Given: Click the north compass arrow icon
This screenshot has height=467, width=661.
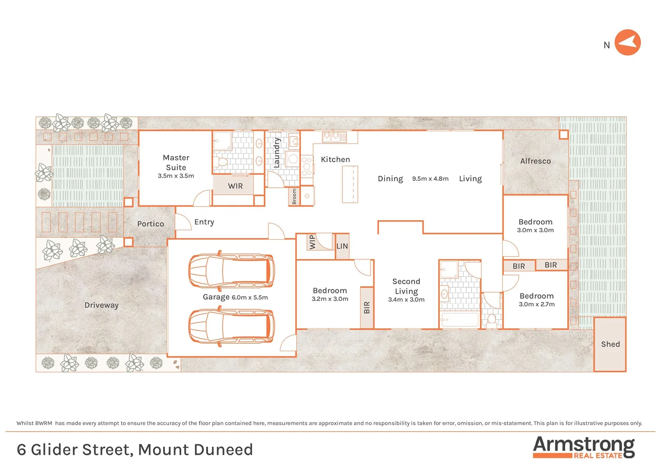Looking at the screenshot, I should tap(627, 42).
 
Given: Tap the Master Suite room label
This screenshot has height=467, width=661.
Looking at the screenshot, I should tap(176, 163).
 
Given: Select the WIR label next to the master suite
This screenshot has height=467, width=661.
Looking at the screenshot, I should tap(235, 186).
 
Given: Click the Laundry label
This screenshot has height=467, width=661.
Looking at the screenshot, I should tap(277, 153).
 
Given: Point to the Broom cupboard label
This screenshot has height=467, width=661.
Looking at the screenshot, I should tap(294, 196).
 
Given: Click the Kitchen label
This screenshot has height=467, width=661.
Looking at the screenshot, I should tap(335, 160).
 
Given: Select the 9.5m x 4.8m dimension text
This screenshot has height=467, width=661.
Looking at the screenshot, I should tap(430, 179).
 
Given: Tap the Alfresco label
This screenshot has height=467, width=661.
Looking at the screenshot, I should tap(535, 161).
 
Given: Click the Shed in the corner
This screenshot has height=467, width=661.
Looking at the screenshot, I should tap(610, 344).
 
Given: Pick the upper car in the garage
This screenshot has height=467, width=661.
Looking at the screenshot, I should tap(231, 271).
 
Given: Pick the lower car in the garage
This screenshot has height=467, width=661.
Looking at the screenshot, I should tap(231, 327).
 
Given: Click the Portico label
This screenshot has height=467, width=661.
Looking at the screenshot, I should tap(151, 224).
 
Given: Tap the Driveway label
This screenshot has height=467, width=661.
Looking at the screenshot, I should tap(101, 305).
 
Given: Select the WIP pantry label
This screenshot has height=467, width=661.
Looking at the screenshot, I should tap(312, 242).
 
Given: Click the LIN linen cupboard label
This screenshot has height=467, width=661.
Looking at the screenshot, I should tap(342, 246).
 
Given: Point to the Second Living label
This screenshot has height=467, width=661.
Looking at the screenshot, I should tap(406, 286).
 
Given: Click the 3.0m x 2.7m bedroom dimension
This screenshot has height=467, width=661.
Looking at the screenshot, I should tap(536, 304).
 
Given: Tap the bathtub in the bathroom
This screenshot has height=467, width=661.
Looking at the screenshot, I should tap(459, 320).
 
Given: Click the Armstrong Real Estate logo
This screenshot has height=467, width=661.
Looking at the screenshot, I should tap(584, 447).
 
